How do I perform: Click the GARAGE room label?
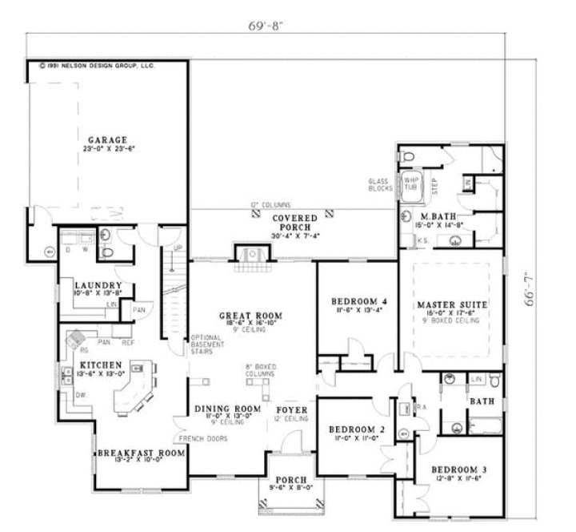108,140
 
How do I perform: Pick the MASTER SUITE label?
453,304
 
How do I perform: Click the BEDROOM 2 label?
358,429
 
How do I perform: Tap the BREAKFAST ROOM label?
141,453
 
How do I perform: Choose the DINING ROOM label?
228,409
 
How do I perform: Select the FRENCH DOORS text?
203,439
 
